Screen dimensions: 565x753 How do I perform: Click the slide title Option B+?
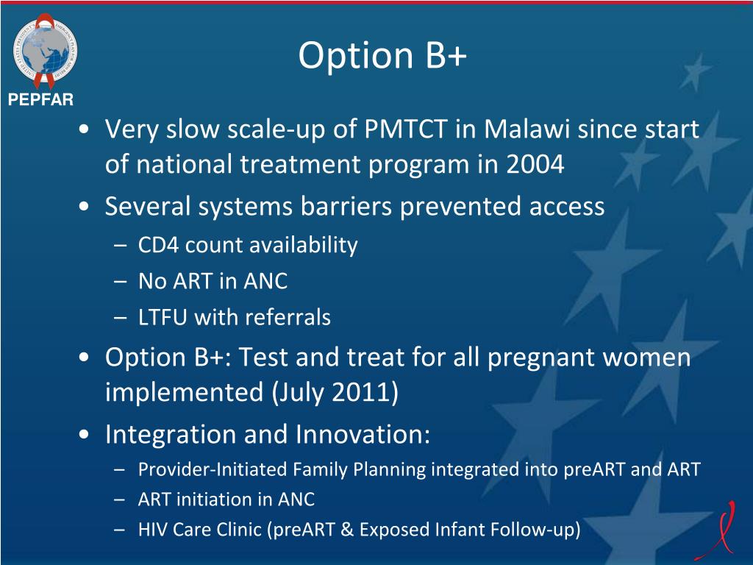click(x=382, y=57)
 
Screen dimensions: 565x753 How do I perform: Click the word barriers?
click(x=346, y=207)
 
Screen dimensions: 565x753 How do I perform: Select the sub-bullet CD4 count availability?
click(x=248, y=245)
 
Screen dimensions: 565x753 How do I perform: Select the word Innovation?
click(x=363, y=434)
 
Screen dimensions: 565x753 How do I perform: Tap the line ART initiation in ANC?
click(x=226, y=500)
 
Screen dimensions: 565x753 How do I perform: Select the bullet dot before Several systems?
click(x=88, y=207)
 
